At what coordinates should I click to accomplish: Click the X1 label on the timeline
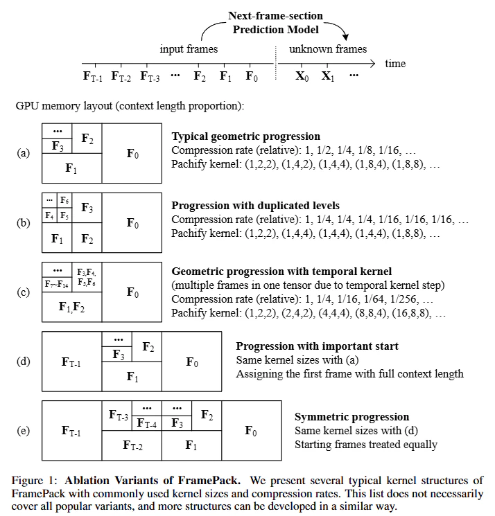327,76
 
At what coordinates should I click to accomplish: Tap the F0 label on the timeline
252,76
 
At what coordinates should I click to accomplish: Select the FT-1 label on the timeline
92,76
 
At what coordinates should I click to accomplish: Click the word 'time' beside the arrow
395,63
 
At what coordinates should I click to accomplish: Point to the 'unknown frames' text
328,49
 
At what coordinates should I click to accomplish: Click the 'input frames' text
189,49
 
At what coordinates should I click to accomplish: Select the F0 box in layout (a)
132,154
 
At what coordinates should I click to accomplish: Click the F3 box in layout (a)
57,146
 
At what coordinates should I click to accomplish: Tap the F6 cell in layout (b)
64,200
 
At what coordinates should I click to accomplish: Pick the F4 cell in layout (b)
50,215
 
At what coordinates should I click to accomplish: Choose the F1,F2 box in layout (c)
72,306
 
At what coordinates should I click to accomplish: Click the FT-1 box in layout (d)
72,362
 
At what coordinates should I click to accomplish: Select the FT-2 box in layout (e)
132,445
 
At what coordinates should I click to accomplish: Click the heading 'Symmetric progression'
351,417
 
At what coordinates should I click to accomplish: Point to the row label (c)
23,292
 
